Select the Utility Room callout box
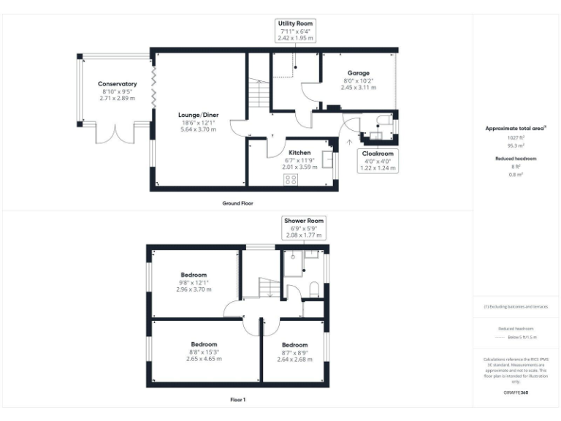[295, 31]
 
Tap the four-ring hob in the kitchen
[290, 179]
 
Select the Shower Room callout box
[304, 227]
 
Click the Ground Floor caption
[237, 203]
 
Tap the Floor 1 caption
[237, 400]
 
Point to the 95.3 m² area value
[516, 145]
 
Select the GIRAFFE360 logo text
[516, 393]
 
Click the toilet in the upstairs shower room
[314, 289]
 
